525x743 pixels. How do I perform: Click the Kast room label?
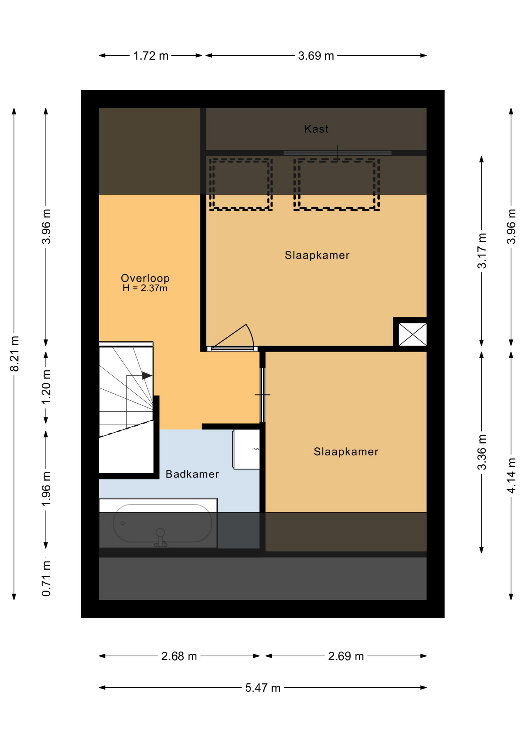pos(316,129)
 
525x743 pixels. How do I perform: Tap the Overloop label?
pos(145,278)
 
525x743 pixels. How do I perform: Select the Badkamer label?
pos(192,474)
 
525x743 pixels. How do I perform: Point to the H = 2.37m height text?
pos(145,288)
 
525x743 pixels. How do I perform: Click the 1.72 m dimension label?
pos(151,56)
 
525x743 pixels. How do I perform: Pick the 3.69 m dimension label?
pos(316,56)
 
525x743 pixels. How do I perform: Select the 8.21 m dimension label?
pos(14,354)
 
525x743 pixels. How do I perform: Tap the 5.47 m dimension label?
pos(263,688)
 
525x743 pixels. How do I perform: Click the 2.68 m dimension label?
pos(179,656)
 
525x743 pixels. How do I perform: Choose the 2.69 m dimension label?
pos(346,656)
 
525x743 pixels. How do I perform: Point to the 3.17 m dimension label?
pos(482,251)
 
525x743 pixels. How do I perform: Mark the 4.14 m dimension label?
pos(511,476)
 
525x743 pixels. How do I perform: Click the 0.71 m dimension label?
pos(46,579)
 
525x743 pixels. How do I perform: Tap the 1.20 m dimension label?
pos(46,387)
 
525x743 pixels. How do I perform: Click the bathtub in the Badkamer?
pos(158,523)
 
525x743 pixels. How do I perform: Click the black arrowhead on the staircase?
pos(147,375)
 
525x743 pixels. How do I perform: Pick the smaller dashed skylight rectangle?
pos(241,184)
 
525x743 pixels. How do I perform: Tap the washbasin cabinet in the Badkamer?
pos(246,449)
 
